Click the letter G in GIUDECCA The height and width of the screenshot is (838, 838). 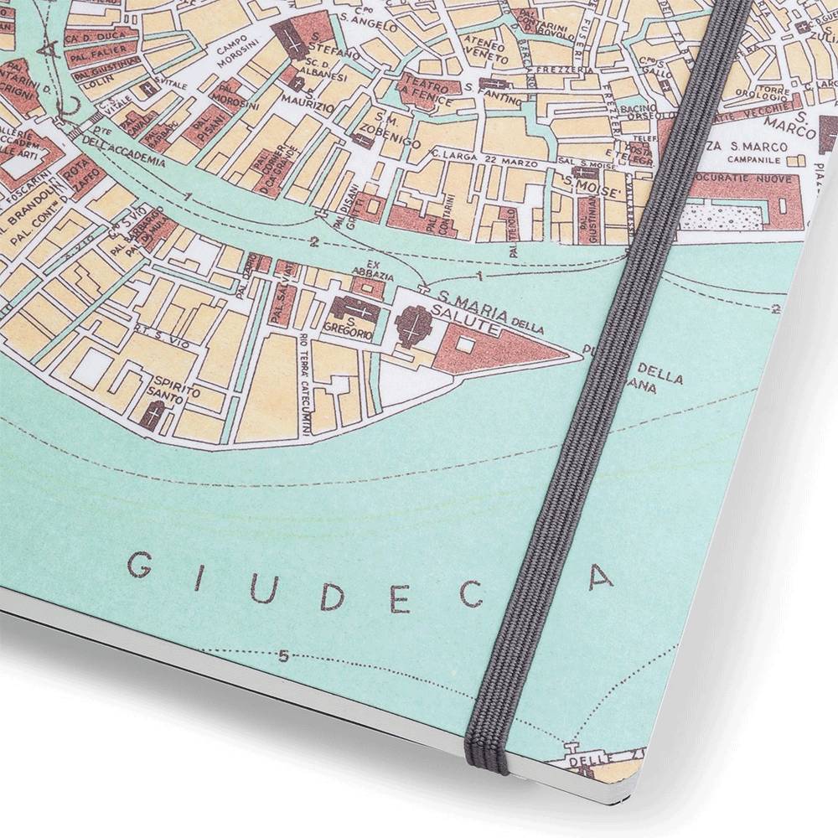(x=141, y=568)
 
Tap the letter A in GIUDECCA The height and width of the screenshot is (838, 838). (x=601, y=577)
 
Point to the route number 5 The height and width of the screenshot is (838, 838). (x=283, y=656)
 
